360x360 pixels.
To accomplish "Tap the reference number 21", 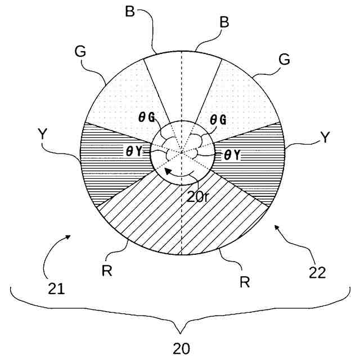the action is click(x=56, y=290).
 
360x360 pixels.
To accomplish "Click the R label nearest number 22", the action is click(x=244, y=281).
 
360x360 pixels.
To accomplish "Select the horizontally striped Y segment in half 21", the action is click(x=112, y=157).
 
